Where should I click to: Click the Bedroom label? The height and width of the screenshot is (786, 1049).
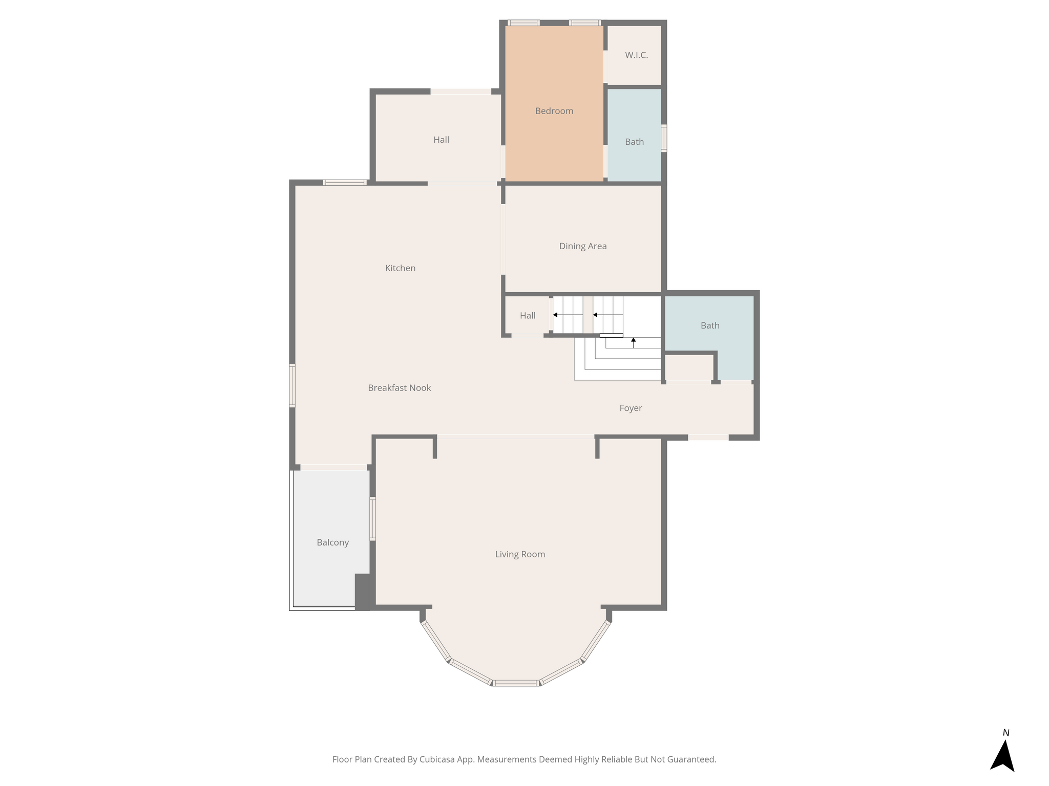pos(554,111)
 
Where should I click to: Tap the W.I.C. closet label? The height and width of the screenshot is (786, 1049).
pos(636,55)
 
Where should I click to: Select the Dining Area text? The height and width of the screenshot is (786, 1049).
pos(583,246)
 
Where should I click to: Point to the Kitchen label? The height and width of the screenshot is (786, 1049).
pos(400,268)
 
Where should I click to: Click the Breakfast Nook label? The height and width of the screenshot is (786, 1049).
pos(400,388)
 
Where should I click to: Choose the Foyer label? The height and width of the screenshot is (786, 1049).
pos(631,408)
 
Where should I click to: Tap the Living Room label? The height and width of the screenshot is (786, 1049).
pos(520,554)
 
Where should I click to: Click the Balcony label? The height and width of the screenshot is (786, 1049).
pos(332,542)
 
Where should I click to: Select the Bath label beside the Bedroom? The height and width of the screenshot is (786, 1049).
pos(634,142)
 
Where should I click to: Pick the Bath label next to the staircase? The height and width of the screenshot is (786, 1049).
pos(710,325)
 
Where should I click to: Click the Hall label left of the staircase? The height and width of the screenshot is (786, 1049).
pos(528,316)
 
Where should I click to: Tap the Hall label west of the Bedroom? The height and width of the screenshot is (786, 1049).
pos(441,140)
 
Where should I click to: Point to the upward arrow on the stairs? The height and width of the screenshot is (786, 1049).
pos(633,342)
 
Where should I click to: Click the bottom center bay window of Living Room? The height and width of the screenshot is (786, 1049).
pos(516,683)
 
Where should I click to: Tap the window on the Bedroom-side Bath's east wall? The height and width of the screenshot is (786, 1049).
pos(664,138)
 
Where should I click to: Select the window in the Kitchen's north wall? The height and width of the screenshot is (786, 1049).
pos(345,182)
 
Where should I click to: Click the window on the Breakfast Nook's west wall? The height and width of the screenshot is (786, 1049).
pos(292,385)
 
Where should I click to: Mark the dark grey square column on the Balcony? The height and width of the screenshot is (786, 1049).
pos(363,592)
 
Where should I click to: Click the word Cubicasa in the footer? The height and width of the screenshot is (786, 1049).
pos(438,759)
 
